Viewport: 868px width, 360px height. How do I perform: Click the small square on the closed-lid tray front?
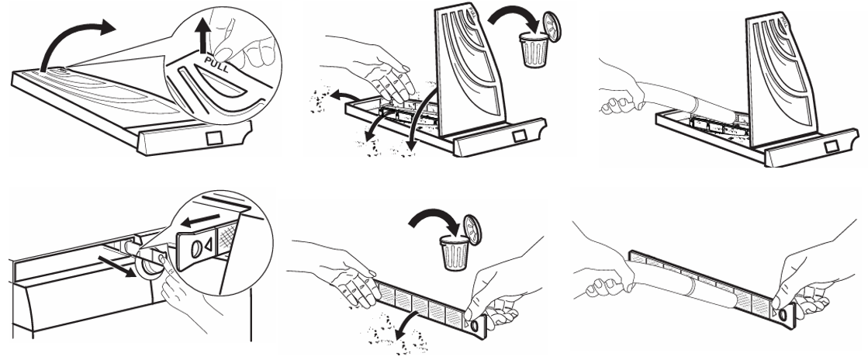pos(213,137)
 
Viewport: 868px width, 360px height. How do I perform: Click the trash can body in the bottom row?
pos(455,253)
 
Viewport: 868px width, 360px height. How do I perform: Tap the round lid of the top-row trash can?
pos(552,27)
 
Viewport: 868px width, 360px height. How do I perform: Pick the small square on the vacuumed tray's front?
pos(831,147)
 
